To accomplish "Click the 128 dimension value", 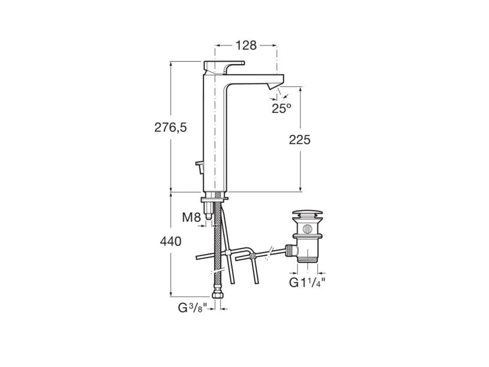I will pos(246,46).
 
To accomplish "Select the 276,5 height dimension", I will pos(170,127).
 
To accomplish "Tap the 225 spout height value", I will pos(300,140).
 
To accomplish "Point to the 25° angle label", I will pos(281,109).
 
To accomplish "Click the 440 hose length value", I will pos(170,242).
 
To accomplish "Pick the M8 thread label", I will pos(191,217).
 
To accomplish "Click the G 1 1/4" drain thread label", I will pos(308,283).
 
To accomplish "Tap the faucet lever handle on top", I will pos(224,64).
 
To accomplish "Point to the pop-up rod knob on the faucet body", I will pos(199,166).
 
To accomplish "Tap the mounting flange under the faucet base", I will pos(214,198).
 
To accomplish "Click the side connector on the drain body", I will pos(290,250).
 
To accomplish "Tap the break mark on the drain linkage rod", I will pos(268,253).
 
